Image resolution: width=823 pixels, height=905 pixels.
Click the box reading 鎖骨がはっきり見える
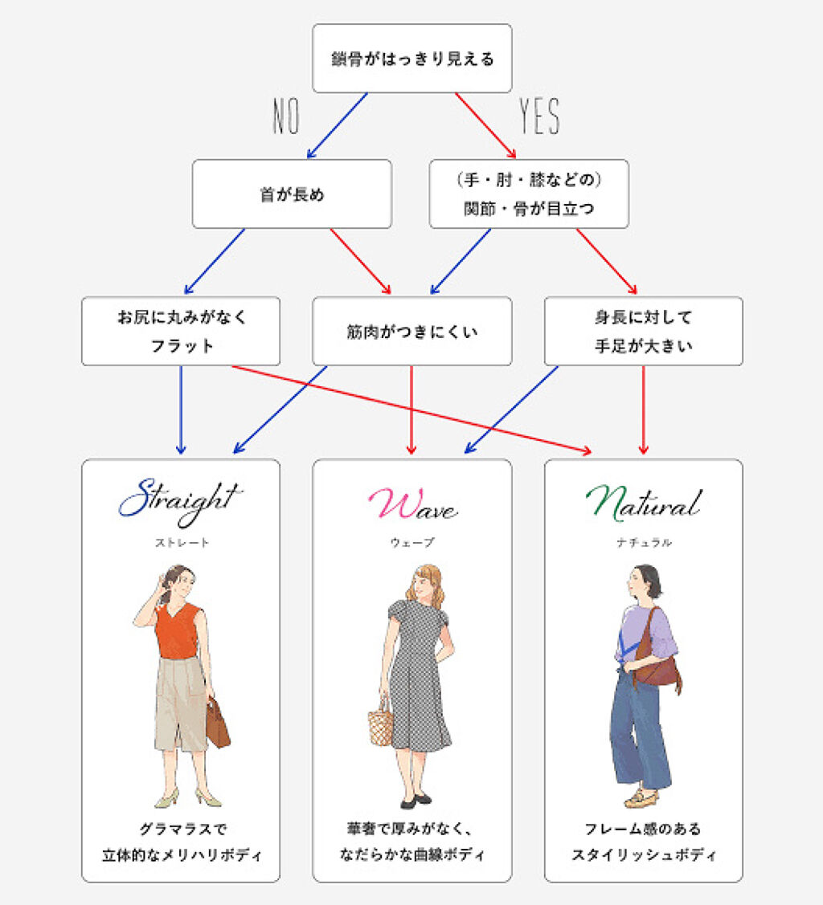(x=411, y=59)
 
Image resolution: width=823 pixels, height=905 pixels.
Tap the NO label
(x=286, y=117)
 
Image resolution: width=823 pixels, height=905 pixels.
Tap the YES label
(x=539, y=117)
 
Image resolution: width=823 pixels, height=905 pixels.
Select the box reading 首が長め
(x=292, y=194)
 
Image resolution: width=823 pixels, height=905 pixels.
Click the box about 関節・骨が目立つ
(x=529, y=194)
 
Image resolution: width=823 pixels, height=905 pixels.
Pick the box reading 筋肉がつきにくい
(x=411, y=331)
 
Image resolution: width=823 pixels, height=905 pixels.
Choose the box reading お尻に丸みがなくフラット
(x=181, y=331)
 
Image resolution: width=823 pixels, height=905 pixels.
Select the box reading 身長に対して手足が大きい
(x=643, y=331)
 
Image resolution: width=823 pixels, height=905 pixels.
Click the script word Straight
(x=180, y=499)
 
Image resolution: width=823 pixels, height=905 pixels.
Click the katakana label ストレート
(x=182, y=543)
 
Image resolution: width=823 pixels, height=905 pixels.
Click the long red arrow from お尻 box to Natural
(x=410, y=409)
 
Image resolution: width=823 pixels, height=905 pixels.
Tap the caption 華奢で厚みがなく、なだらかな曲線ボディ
(x=411, y=840)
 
